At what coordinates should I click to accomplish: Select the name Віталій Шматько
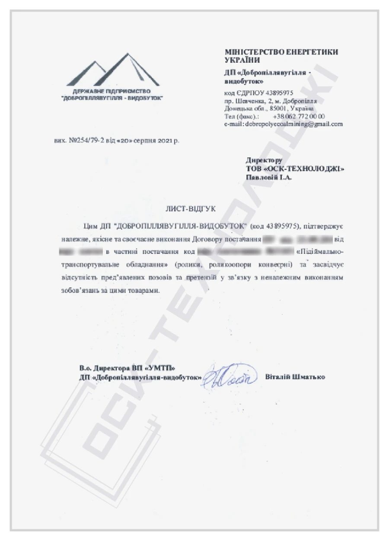point(296,377)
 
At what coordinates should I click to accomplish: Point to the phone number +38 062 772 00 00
point(299,116)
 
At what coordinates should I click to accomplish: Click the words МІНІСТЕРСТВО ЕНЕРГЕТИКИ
point(281,52)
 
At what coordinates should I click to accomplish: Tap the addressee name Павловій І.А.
point(269,177)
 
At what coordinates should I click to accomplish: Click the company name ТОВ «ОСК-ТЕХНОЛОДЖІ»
point(294,169)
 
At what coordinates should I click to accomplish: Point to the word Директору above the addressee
point(264,160)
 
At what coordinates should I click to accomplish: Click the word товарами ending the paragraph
point(141,291)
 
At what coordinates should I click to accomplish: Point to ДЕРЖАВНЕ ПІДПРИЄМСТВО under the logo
point(112,92)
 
